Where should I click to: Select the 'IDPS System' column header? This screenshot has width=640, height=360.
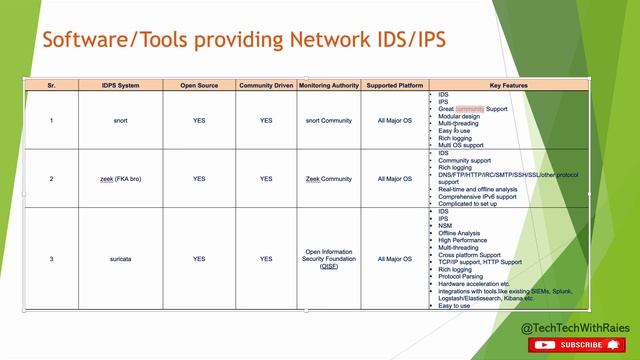(121, 86)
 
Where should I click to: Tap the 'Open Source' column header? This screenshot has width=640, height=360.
(199, 86)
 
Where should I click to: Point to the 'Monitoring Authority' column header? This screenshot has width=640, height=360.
(328, 86)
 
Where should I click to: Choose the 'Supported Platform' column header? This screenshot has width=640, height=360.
(394, 86)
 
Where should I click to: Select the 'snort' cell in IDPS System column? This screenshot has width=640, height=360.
(121, 120)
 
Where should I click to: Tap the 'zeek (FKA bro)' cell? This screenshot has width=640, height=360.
(121, 179)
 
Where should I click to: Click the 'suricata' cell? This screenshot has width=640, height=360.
(121, 259)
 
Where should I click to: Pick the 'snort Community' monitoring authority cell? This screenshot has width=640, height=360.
(328, 120)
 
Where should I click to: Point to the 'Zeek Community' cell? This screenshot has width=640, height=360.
(328, 179)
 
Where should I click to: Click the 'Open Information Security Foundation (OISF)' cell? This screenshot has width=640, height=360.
(328, 259)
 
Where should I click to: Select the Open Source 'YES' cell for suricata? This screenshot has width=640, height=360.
(199, 259)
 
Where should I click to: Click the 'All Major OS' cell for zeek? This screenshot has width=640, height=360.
(394, 179)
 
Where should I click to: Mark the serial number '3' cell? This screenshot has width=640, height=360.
(51, 259)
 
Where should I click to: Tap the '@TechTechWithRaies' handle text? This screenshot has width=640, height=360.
(575, 327)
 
